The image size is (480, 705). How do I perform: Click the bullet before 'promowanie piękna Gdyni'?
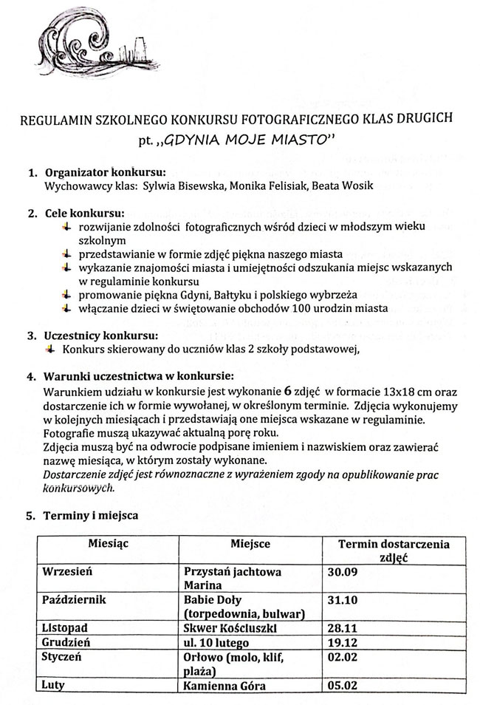tap(67, 294)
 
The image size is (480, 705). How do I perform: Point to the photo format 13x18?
tap(407, 392)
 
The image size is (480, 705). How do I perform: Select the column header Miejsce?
tap(250, 545)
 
